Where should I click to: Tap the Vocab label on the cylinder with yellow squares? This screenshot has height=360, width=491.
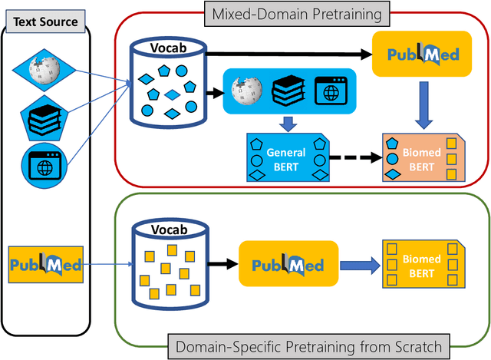(167, 230)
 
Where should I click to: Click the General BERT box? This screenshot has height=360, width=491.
(286, 158)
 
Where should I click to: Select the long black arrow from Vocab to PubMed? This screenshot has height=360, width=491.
(288, 54)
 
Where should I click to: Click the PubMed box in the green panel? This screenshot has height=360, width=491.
(288, 266)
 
